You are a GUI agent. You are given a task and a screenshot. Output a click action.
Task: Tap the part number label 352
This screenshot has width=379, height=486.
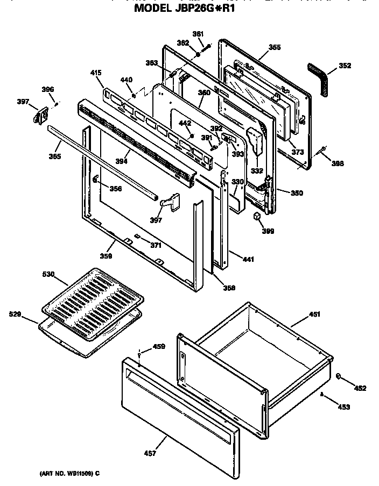345,66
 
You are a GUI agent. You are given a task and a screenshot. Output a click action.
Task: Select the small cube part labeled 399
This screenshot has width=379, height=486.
258,216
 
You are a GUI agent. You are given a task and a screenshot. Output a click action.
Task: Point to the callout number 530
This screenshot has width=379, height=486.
48,275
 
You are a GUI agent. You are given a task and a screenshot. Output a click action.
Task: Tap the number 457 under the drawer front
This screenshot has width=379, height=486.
150,454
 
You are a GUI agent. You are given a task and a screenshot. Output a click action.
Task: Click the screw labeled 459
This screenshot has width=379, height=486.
139,354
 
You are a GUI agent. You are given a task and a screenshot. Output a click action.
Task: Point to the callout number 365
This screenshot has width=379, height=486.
54,156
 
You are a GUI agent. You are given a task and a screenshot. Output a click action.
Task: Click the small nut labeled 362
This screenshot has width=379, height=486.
199,54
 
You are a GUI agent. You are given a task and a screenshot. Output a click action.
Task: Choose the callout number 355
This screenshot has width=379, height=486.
274,48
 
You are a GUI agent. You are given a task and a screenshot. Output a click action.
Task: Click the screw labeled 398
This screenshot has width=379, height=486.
322,149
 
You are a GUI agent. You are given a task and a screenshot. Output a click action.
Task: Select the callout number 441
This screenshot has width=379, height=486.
248,260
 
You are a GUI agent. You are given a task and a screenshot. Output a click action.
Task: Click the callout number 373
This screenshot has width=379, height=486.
298,152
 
